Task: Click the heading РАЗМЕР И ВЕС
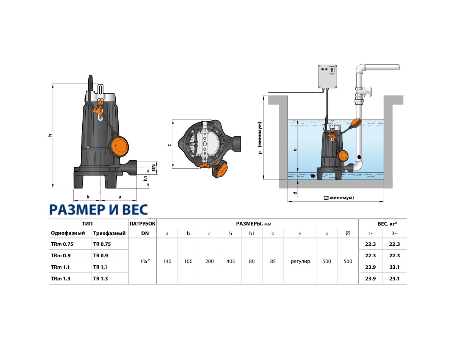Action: pyautogui.click(x=98, y=210)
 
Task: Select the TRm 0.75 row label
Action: pyautogui.click(x=62, y=244)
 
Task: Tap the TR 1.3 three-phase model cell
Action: pyautogui.click(x=100, y=279)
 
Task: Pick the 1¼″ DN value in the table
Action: pyautogui.click(x=145, y=261)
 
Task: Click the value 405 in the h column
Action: pyautogui.click(x=231, y=261)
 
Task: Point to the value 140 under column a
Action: pyautogui.click(x=167, y=261)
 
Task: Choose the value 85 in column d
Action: pyautogui.click(x=273, y=261)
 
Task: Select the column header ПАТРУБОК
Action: pyautogui.click(x=143, y=224)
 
